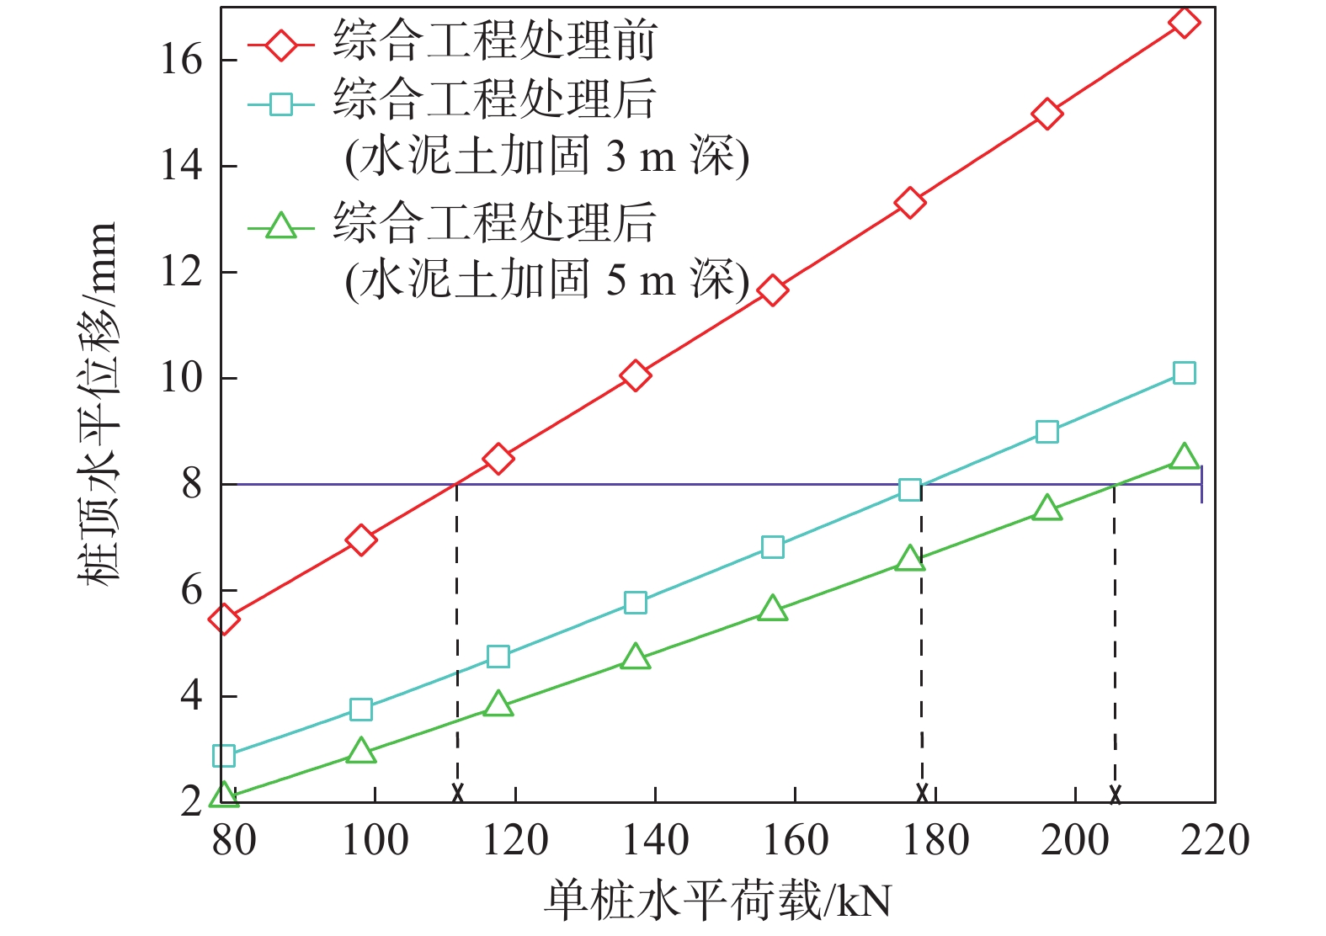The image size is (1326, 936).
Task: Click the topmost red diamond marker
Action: [1184, 23]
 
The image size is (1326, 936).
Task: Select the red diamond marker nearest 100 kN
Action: [360, 540]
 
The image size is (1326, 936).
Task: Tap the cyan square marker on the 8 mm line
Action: [909, 490]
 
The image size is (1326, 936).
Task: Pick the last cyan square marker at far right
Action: [1184, 373]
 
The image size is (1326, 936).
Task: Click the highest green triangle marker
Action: [1184, 456]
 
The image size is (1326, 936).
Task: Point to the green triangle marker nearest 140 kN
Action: [635, 657]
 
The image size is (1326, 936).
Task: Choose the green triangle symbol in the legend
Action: [280, 226]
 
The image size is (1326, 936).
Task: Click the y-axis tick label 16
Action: [182, 61]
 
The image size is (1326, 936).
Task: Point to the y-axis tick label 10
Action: [182, 379]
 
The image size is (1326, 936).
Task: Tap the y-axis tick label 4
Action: [192, 696]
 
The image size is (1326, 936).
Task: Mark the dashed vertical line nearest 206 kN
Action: [1115, 640]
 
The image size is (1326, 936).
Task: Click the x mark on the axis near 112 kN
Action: [457, 793]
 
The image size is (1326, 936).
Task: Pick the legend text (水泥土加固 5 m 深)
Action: [546, 279]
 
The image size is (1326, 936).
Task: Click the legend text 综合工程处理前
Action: [494, 40]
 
